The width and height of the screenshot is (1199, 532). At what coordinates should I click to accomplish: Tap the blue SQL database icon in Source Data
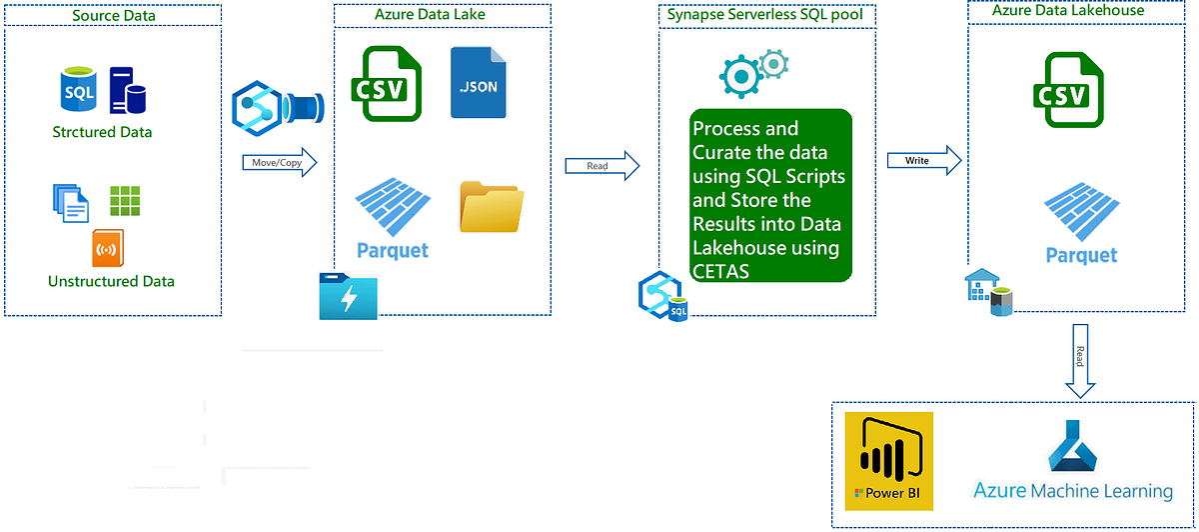(x=79, y=92)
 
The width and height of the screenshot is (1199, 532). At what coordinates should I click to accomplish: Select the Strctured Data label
(x=102, y=132)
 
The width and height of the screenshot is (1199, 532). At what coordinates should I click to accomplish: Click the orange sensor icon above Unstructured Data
(x=108, y=248)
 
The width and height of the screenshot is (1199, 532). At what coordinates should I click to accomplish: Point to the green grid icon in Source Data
(x=126, y=202)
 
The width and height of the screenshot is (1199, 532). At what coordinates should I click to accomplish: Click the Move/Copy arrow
(x=279, y=162)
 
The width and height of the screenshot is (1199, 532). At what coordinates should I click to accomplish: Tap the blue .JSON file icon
(x=478, y=83)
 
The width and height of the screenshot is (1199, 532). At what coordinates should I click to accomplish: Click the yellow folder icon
(x=491, y=207)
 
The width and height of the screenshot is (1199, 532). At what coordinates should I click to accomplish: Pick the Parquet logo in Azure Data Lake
(x=393, y=222)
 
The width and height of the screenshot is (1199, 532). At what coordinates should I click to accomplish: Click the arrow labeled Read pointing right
(x=601, y=166)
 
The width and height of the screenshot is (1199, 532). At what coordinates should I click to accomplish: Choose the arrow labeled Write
(x=924, y=161)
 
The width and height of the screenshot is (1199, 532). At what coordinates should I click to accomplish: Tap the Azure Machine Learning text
(x=1073, y=491)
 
